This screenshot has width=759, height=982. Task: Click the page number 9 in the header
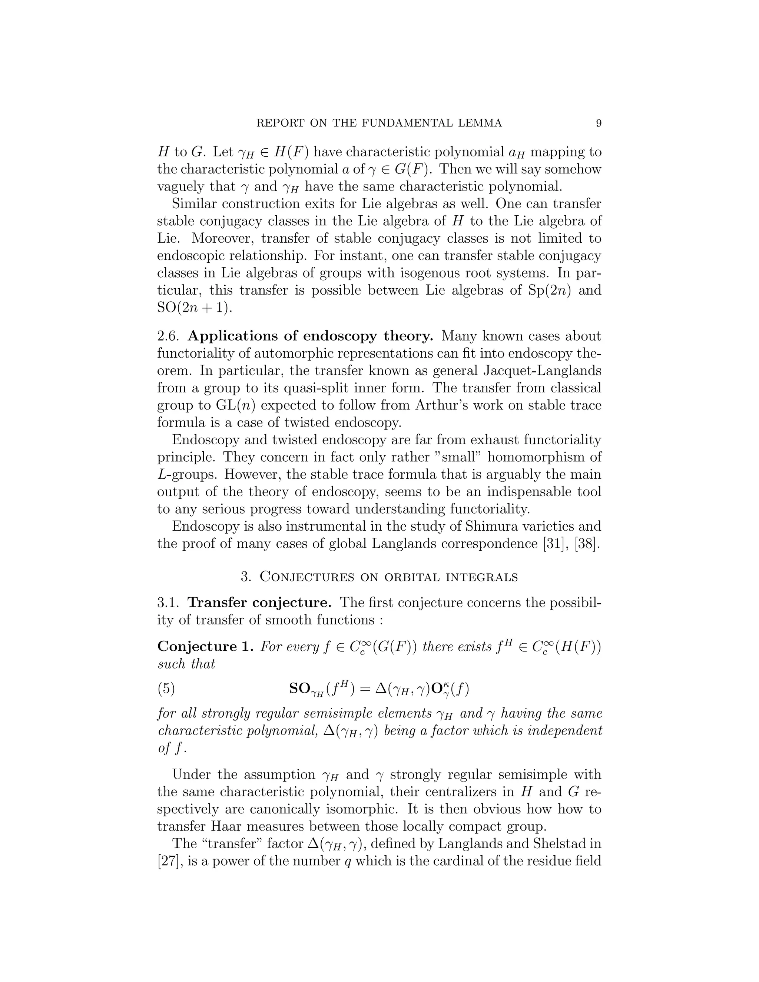[x=598, y=123]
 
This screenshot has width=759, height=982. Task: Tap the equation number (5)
[x=166, y=689]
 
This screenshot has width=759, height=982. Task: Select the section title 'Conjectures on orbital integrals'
[x=389, y=577]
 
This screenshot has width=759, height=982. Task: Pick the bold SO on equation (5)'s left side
[x=299, y=689]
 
